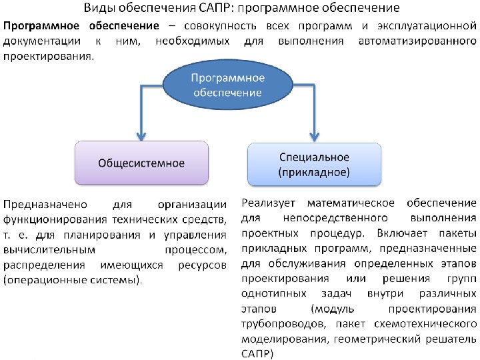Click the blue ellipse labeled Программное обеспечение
(227, 85)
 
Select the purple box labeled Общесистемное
(141, 162)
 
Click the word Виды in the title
(98, 9)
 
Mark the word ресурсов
(203, 265)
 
